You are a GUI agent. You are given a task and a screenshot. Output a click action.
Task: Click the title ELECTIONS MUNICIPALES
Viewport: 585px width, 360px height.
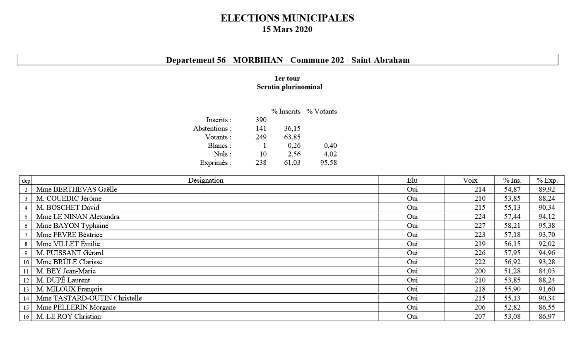point(287,18)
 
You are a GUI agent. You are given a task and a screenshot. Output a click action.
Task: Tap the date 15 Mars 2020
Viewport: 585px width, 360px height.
point(287,29)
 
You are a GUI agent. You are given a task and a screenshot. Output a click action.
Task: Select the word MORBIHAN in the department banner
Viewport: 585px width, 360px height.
point(258,60)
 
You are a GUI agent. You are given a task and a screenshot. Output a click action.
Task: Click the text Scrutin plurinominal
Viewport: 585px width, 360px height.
point(289,87)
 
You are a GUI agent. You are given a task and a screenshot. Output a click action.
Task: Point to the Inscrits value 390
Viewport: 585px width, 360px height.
point(261,120)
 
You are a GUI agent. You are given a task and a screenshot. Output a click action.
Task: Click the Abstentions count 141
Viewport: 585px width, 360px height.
point(261,128)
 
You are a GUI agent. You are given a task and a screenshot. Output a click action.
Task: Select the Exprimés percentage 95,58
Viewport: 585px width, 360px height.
point(328,163)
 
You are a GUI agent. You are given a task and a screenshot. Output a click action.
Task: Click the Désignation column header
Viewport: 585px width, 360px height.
point(205,181)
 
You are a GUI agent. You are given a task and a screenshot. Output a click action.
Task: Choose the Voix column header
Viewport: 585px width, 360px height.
point(470,181)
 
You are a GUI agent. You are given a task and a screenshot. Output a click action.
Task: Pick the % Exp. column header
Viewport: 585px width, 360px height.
point(547,181)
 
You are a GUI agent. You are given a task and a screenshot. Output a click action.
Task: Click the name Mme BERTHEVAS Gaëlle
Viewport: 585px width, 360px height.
point(77,190)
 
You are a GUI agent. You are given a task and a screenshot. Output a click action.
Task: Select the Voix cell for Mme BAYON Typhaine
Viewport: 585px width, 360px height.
point(480,226)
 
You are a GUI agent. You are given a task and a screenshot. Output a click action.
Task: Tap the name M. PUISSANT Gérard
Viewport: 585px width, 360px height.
point(70,253)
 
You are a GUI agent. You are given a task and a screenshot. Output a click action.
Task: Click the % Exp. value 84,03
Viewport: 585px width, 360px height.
point(546,271)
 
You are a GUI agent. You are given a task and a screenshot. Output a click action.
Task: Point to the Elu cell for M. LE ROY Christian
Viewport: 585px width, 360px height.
point(412,317)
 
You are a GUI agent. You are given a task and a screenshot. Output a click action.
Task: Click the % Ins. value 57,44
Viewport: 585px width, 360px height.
point(512,217)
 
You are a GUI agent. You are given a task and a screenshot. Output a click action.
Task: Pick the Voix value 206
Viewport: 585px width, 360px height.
point(480,307)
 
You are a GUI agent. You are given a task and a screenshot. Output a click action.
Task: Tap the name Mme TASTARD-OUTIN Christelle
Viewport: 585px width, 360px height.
point(89,298)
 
